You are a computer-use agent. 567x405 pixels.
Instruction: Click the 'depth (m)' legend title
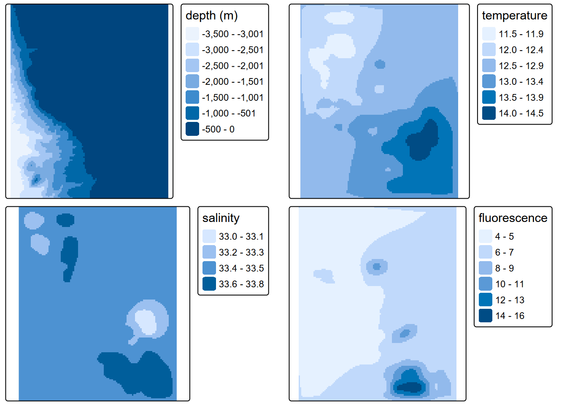point(212,16)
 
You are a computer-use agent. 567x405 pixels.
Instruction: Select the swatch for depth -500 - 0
point(192,129)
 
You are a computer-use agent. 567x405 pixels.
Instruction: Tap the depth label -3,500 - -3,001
point(232,34)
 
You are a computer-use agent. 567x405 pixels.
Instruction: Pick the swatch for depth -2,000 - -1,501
point(192,81)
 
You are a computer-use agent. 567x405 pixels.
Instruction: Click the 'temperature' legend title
point(514,16)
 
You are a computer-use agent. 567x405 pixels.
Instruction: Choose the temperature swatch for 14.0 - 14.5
point(489,113)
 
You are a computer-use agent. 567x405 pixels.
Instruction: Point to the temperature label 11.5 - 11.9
point(521,34)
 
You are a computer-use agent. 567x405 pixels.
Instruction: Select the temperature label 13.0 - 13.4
point(521,81)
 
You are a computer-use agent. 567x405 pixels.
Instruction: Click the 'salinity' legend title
point(221,218)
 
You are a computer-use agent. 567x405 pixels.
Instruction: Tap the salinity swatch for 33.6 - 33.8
point(209,284)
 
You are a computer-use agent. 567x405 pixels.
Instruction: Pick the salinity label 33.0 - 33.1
point(241,237)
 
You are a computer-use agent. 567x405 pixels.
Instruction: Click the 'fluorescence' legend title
point(513,218)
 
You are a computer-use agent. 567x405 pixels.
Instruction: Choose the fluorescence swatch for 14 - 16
point(486,316)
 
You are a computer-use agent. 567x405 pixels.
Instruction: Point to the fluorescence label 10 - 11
point(510,284)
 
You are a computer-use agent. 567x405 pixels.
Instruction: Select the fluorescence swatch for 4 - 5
point(486,236)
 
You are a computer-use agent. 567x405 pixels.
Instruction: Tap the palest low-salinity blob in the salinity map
point(145,321)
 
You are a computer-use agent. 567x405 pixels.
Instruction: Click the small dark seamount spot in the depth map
point(36,180)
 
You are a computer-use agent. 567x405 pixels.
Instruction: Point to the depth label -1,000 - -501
point(229,113)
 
